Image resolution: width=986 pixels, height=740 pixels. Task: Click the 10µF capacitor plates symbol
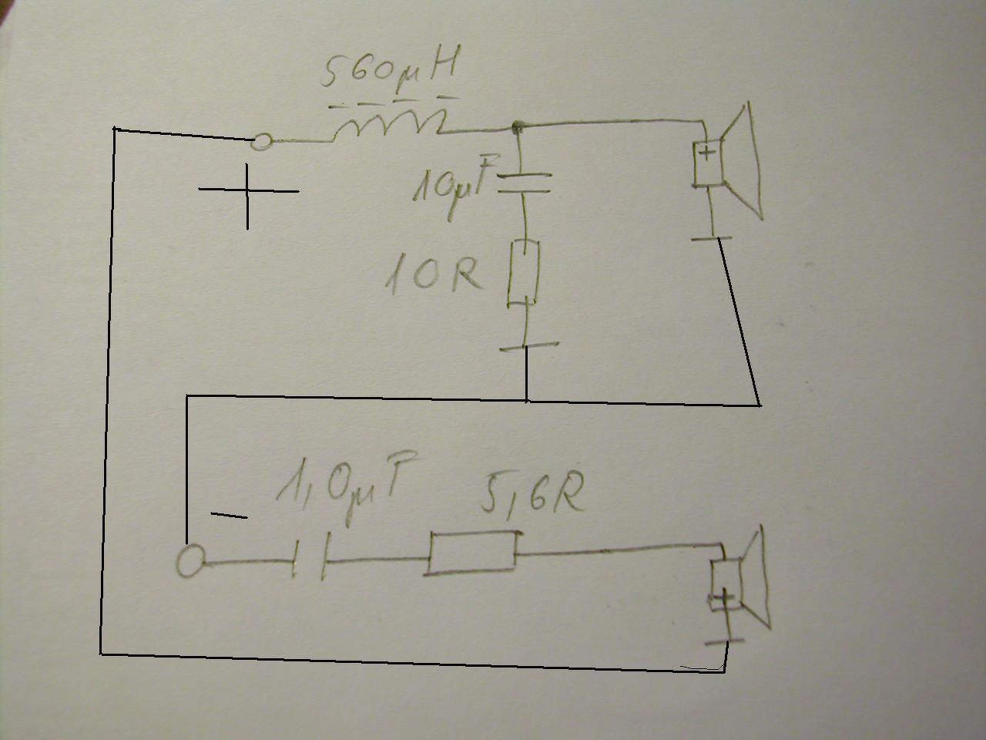(523, 183)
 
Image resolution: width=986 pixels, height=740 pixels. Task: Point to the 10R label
(432, 273)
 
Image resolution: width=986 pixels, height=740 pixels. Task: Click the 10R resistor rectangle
(523, 273)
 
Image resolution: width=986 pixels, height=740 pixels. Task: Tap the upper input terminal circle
(262, 141)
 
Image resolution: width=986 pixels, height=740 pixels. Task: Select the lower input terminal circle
(190, 560)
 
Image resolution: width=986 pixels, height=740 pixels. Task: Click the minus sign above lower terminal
(229, 515)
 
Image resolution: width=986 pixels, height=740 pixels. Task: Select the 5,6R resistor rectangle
(472, 553)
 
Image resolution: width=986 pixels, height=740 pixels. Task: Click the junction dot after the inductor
(517, 125)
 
